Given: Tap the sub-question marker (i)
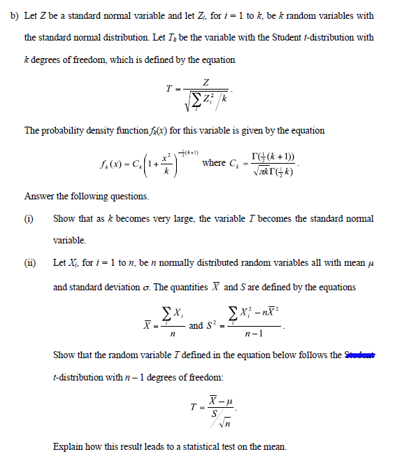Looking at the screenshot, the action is tap(29, 219).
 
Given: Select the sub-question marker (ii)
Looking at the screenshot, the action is tap(30, 264).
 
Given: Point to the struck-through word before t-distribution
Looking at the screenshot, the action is tap(361, 355).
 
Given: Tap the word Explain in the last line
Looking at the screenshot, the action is tap(69, 446).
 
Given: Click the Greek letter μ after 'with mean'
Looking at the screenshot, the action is tap(370, 264).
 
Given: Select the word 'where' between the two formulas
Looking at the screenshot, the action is tap(213, 163).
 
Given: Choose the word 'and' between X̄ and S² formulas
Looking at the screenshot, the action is tap(196, 325).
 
